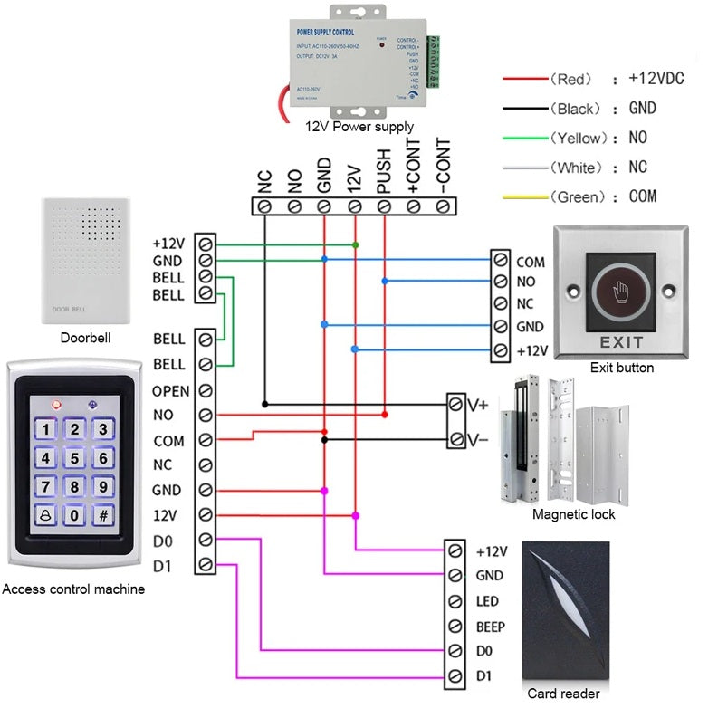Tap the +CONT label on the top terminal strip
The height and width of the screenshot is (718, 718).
[414, 168]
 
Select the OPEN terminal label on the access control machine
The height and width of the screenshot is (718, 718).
[170, 391]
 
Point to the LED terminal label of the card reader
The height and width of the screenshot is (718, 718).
[487, 601]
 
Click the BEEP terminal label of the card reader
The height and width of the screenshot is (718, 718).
[490, 627]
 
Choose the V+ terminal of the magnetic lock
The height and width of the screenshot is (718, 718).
[477, 405]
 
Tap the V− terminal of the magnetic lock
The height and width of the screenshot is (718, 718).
[477, 440]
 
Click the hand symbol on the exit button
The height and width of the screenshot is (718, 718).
[619, 294]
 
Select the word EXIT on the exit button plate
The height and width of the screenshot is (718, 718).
[621, 343]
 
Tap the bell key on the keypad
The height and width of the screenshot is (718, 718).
[46, 517]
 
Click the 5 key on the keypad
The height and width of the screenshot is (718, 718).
[75, 459]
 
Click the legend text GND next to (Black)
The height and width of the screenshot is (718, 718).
[642, 109]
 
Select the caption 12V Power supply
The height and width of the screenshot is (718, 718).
[359, 128]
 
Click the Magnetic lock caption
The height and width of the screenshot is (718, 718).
[573, 514]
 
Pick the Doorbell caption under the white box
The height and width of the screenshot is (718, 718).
[85, 339]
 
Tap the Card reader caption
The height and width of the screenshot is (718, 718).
[563, 694]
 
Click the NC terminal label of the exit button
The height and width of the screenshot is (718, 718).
[525, 304]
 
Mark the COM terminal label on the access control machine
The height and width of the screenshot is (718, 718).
[168, 441]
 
